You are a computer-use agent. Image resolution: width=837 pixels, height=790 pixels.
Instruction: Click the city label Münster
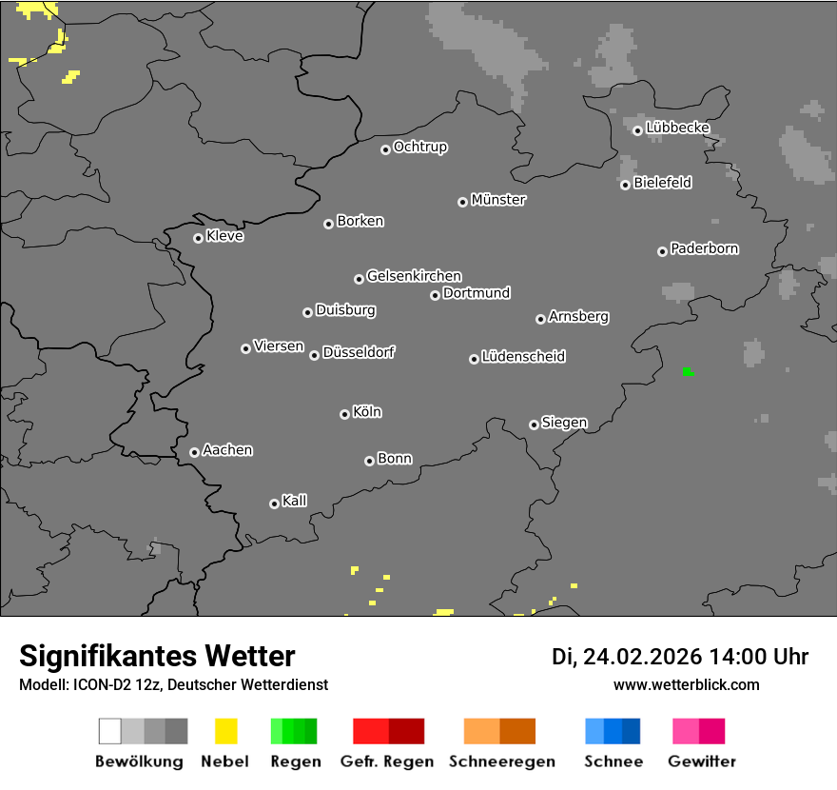[498, 200]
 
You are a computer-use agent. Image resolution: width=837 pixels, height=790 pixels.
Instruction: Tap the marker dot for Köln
[344, 414]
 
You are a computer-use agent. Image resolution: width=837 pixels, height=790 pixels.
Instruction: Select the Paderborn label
[705, 248]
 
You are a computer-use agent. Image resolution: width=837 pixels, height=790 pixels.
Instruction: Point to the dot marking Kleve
[198, 238]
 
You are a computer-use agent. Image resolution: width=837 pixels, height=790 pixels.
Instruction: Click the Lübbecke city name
[678, 128]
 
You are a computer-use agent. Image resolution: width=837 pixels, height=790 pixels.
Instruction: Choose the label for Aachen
[227, 450]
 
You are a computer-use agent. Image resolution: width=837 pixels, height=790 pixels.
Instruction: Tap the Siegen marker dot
[534, 425]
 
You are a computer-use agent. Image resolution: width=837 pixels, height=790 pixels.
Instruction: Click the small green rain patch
[688, 371]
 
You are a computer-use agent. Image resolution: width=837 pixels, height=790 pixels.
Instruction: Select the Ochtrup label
[420, 147]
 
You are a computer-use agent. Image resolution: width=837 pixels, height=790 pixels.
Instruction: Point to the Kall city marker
[274, 504]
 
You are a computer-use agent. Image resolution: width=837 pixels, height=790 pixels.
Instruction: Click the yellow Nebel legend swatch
[225, 731]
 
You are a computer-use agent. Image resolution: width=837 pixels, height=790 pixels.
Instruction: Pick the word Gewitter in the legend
[702, 761]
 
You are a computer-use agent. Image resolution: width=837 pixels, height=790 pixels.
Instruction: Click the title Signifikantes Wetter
[157, 656]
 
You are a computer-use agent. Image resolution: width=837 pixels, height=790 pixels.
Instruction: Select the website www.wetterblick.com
[687, 684]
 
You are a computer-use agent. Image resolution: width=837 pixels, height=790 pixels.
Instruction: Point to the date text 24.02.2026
[643, 657]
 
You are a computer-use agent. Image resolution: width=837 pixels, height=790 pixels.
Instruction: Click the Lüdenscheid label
[523, 357]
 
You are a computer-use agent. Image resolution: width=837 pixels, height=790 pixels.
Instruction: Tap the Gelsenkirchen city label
[414, 276]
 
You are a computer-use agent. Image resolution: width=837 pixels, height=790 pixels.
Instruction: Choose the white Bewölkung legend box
[110, 731]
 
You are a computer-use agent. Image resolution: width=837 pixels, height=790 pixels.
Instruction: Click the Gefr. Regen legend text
[387, 761]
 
